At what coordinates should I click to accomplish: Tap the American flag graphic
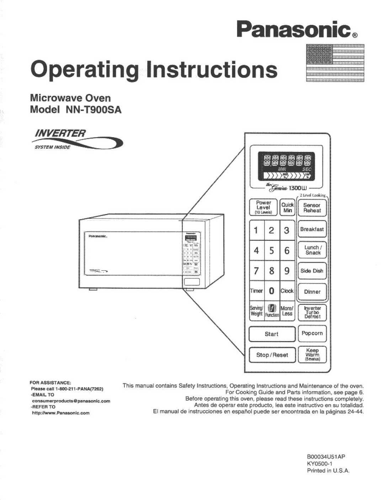pyautogui.click(x=335, y=63)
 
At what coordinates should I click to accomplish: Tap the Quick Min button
pyautogui.click(x=287, y=207)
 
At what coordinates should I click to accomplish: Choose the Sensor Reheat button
pyautogui.click(x=312, y=208)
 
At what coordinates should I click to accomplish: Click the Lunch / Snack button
pyautogui.click(x=312, y=250)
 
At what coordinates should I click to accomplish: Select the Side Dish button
pyautogui.click(x=312, y=271)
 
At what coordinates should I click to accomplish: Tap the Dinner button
pyautogui.click(x=312, y=292)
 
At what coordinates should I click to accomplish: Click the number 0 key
pyautogui.click(x=272, y=291)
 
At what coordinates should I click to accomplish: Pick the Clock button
pyautogui.click(x=287, y=291)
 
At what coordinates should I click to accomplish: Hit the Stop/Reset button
pyautogui.click(x=272, y=355)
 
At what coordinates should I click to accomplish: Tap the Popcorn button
pyautogui.click(x=312, y=334)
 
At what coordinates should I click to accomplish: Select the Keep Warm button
pyautogui.click(x=312, y=355)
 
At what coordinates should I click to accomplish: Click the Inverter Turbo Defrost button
pyautogui.click(x=312, y=312)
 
